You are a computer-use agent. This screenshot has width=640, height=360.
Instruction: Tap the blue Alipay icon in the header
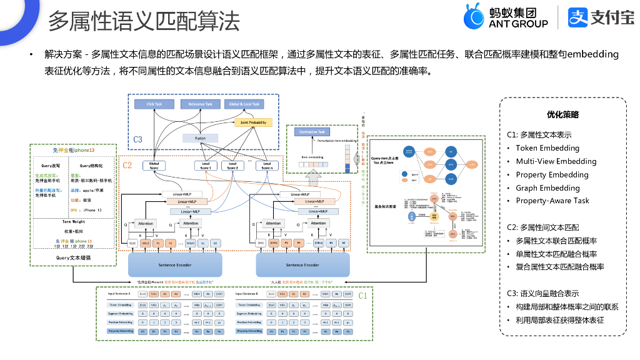[578, 17]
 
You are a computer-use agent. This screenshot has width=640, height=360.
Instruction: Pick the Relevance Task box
[200, 104]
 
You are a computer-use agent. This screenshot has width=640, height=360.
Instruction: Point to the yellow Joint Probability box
[253, 122]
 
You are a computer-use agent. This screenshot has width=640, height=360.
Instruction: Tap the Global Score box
[154, 166]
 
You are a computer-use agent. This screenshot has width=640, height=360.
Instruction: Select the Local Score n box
[267, 166]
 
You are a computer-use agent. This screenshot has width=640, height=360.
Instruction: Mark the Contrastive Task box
[312, 132]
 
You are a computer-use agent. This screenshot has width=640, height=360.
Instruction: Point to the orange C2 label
[127, 165]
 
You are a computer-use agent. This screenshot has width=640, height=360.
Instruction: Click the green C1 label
[362, 294]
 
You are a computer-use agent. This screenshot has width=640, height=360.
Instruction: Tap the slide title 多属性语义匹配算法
[144, 21]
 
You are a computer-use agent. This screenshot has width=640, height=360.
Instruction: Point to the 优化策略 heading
[562, 115]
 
